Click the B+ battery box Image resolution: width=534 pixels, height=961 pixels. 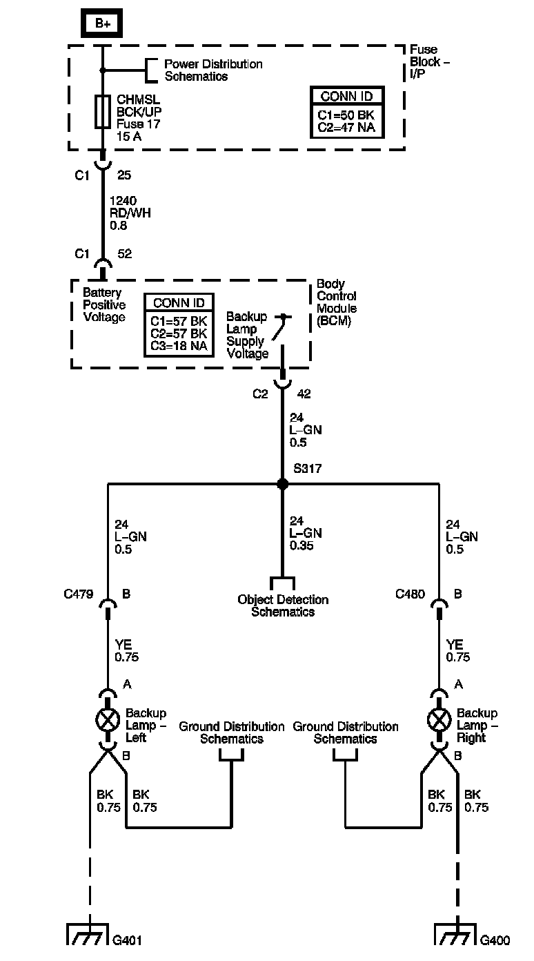click(102, 23)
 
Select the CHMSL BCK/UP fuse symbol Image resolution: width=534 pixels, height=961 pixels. click(102, 112)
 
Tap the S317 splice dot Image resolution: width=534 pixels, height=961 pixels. click(282, 484)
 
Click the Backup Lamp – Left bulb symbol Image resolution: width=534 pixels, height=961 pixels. click(108, 720)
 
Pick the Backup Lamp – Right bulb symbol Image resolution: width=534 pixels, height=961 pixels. click(439, 720)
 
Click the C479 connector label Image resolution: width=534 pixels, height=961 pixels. click(79, 594)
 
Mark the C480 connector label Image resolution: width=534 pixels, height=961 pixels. click(410, 594)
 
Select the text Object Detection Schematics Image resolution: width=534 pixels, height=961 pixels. click(283, 605)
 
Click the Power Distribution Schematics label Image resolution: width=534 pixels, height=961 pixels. click(213, 70)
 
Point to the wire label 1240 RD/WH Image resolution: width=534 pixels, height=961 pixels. click(130, 207)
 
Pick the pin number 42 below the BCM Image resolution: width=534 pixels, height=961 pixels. click(304, 394)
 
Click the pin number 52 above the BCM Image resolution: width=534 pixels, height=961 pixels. click(125, 253)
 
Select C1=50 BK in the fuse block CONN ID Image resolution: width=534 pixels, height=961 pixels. click(346, 115)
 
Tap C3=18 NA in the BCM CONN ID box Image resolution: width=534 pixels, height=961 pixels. click(179, 346)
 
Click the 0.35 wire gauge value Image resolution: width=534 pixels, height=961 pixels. click(301, 545)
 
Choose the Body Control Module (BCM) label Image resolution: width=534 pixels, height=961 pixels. click(337, 302)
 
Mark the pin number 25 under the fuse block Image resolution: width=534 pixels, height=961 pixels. click(124, 175)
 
